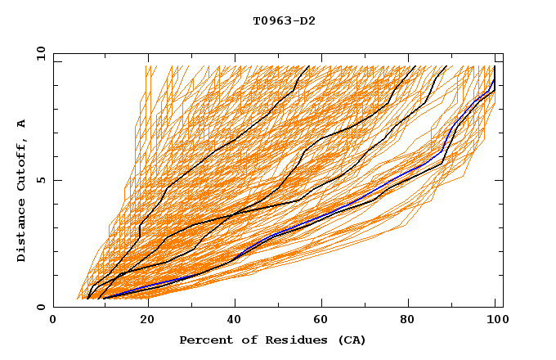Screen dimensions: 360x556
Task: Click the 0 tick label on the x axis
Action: pos(53,320)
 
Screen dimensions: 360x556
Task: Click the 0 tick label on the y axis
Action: pos(41,308)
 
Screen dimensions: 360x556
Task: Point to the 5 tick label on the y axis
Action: pos(41,180)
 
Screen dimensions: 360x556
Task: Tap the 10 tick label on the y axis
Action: pos(38,53)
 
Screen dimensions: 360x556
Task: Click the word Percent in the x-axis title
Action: pos(204,340)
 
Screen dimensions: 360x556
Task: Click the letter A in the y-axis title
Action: pos(22,124)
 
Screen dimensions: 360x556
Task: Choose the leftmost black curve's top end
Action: pos(308,66)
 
